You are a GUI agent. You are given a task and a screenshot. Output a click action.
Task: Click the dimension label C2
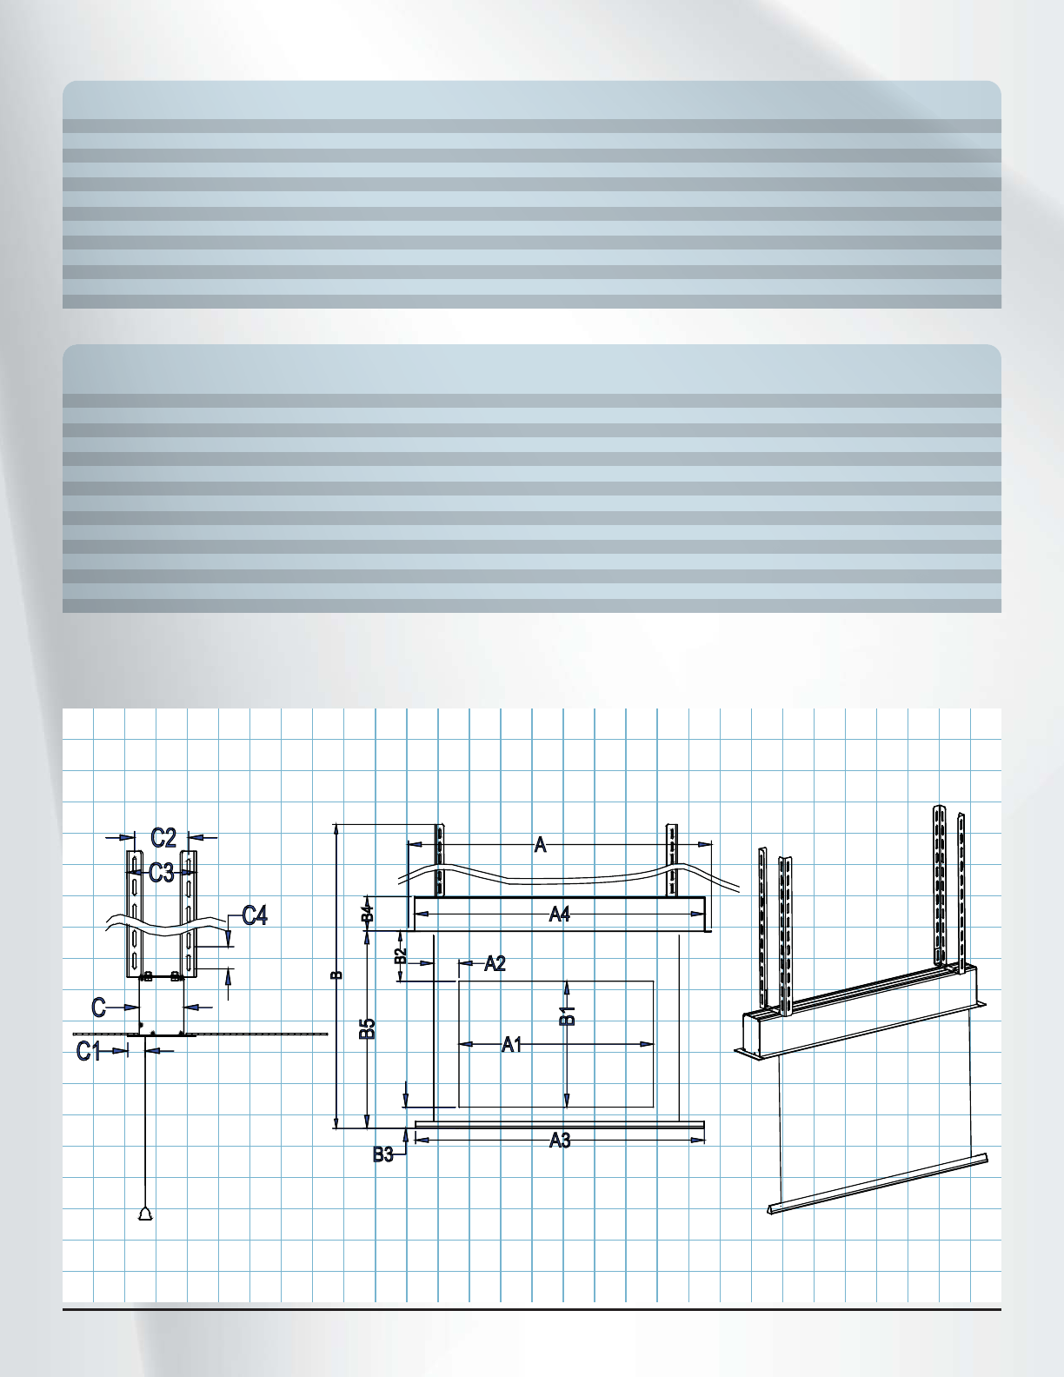click(x=163, y=838)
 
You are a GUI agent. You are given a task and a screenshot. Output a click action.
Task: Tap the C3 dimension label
click(x=161, y=873)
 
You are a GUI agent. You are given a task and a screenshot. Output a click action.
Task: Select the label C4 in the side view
click(x=255, y=915)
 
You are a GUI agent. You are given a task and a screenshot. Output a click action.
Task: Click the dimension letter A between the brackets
click(x=540, y=844)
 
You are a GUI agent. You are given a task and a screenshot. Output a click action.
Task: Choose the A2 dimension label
click(x=495, y=963)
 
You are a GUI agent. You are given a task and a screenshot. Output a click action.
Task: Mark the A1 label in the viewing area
click(x=512, y=1045)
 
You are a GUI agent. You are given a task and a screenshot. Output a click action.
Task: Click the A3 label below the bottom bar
click(x=560, y=1141)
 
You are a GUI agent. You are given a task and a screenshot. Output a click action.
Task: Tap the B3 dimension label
click(x=383, y=1154)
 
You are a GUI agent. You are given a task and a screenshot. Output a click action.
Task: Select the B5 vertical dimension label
click(x=368, y=1029)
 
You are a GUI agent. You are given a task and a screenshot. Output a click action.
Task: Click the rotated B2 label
click(x=400, y=956)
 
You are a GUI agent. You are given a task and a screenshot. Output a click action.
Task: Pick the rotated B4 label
click(x=368, y=914)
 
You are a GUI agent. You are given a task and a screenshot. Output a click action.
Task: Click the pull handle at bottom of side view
click(x=144, y=1214)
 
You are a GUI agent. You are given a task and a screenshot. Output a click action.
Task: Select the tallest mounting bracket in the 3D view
click(x=940, y=882)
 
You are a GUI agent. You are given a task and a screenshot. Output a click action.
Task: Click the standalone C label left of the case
click(x=99, y=1008)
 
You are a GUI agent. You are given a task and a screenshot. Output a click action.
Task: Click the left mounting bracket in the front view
click(x=440, y=860)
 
